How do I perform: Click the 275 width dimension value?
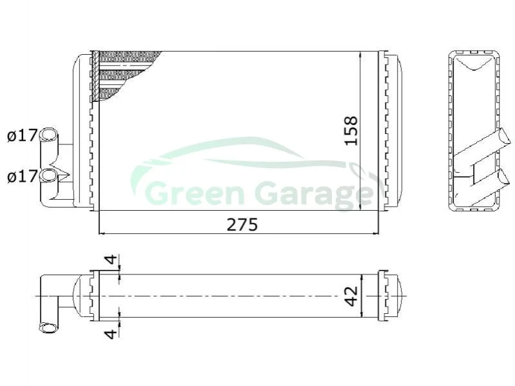(242, 225)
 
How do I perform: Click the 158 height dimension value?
(351, 131)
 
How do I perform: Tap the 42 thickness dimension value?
(351, 296)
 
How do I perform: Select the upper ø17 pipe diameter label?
(23, 135)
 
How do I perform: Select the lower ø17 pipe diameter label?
(23, 177)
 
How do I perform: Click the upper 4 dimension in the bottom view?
(112, 260)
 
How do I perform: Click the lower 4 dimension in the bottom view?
(112, 334)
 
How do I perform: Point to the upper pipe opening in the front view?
(48, 134)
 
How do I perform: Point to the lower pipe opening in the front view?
(48, 175)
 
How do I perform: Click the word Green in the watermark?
(195, 195)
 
